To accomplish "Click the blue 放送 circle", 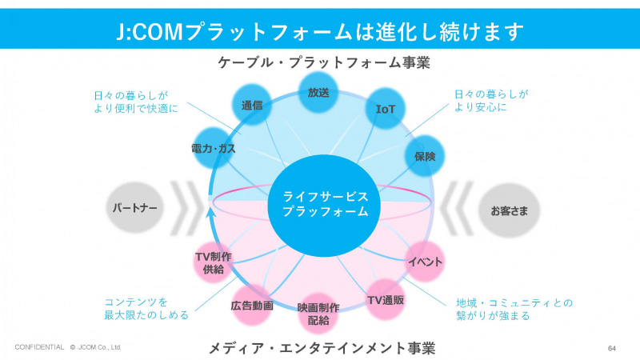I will pyautogui.click(x=318, y=93).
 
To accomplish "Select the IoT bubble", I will pyautogui.click(x=386, y=110).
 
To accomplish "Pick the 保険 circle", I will pyautogui.click(x=425, y=156).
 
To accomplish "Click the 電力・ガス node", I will pyautogui.click(x=214, y=148).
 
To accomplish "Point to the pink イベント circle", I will pyautogui.click(x=425, y=262).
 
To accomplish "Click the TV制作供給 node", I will pyautogui.click(x=214, y=262).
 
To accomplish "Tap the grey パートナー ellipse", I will pyautogui.click(x=134, y=209).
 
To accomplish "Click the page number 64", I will pyautogui.click(x=612, y=348).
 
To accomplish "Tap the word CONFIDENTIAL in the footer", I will pyautogui.click(x=39, y=348).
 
